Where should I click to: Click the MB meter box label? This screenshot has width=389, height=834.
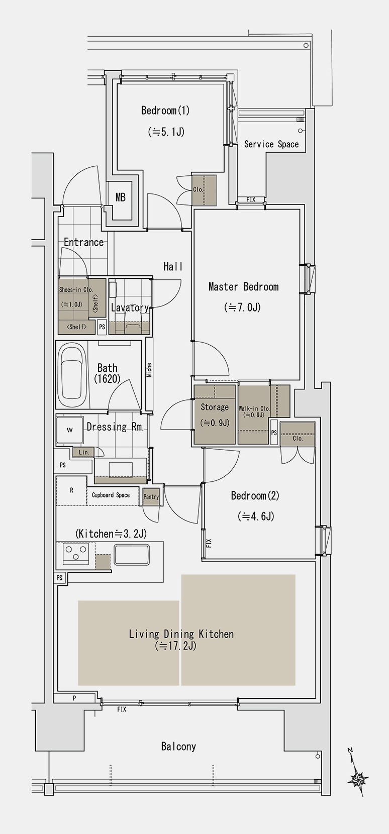[x=120, y=197]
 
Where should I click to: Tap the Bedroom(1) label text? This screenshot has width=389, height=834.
[x=165, y=111]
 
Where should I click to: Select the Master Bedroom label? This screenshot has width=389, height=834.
[x=243, y=287]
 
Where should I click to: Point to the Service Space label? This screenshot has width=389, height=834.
[x=271, y=145]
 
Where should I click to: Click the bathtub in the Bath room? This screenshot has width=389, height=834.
[x=72, y=376]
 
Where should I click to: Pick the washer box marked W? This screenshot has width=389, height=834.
[x=70, y=430]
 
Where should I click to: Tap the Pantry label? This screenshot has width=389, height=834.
[x=151, y=497]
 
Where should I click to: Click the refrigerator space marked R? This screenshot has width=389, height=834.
[x=71, y=491]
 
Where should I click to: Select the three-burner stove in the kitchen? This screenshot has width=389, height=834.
[x=76, y=554]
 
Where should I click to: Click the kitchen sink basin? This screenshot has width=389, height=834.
[x=132, y=554]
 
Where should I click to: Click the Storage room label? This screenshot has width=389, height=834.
[x=215, y=407]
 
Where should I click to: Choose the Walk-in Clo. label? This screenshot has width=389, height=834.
[x=254, y=408]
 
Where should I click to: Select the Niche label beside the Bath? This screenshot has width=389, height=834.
[x=149, y=370]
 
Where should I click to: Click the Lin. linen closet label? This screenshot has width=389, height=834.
[x=84, y=452]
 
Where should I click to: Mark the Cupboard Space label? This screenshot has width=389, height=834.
[x=111, y=495]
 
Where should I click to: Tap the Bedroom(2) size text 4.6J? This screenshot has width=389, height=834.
[x=256, y=516]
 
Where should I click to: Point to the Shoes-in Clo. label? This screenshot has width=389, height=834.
[x=76, y=290]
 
